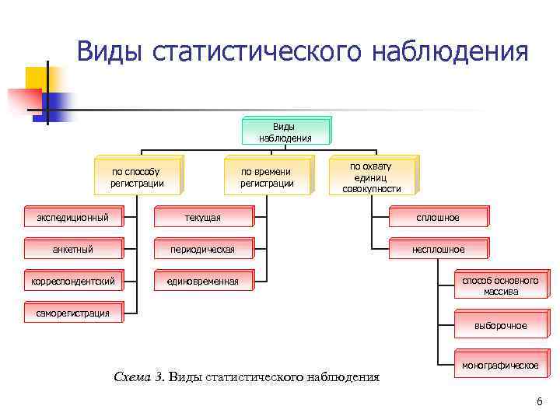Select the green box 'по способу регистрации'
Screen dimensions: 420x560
[x=138, y=177]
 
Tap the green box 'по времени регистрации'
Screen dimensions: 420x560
[x=267, y=177]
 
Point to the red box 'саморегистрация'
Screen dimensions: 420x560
[x=73, y=313]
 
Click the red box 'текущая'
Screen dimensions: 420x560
[x=202, y=217]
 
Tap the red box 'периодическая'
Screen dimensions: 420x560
[x=202, y=249]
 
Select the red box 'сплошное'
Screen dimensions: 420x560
[x=439, y=217]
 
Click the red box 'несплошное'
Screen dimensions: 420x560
[x=439, y=249]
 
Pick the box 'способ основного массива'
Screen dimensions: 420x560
[x=500, y=285]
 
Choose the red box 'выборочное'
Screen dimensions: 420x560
[x=500, y=326]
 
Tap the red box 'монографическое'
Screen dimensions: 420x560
[x=500, y=366]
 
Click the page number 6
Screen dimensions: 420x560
[x=539, y=401]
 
